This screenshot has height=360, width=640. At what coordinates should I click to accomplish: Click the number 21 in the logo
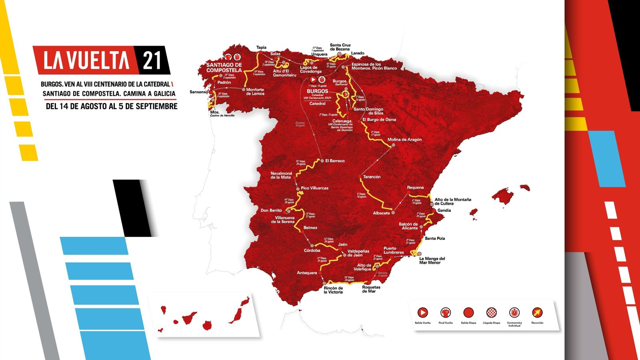152,60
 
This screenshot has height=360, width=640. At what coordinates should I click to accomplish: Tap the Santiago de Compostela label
224,68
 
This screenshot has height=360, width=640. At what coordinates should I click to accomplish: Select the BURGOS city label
318,91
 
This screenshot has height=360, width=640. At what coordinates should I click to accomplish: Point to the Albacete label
381,213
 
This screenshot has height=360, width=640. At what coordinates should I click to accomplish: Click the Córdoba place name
312,251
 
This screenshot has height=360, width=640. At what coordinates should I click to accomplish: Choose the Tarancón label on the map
372,177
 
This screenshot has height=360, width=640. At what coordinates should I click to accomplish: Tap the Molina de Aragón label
404,140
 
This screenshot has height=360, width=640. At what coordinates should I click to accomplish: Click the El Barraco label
335,161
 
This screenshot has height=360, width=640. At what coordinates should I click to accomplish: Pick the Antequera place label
307,273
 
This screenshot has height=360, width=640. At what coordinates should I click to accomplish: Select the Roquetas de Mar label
371,289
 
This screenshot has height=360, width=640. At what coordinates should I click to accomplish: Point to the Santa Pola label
435,238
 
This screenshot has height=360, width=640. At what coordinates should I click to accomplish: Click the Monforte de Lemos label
255,92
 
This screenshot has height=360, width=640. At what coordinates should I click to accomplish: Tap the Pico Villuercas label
314,188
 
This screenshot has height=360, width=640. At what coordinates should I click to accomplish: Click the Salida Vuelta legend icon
422,312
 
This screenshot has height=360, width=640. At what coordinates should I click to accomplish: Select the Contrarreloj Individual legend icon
514,312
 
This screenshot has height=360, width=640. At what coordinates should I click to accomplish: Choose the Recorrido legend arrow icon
537,312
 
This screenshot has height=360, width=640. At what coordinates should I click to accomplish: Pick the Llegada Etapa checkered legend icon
491,312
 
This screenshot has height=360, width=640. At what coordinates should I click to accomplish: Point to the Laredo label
358,53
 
